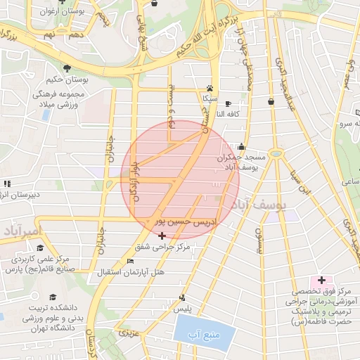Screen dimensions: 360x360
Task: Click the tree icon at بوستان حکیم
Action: coord(66,68)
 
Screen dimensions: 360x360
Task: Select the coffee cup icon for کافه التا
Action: coord(227,103)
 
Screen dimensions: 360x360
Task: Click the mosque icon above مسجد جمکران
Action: coord(242,147)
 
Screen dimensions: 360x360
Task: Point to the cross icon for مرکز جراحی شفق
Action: coord(163,236)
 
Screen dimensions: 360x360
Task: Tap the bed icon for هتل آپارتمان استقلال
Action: coord(129,261)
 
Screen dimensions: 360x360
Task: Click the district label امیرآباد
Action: coord(22,231)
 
